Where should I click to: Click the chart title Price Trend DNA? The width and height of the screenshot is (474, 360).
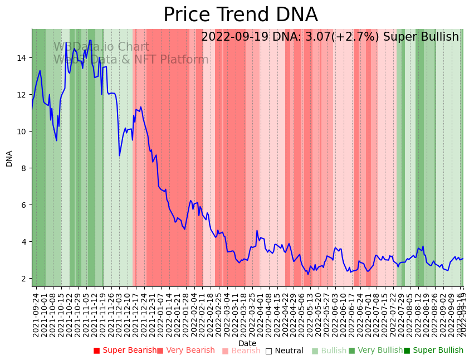click(240, 15)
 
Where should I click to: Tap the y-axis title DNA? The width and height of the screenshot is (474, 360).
click(9, 158)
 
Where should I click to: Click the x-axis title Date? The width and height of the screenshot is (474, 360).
click(247, 343)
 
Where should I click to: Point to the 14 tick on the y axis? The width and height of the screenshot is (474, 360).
click(22, 58)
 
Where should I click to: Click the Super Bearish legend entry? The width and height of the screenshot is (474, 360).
click(125, 351)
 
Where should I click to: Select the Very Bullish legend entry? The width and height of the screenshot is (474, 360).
click(375, 351)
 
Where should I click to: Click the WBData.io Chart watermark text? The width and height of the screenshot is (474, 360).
click(101, 47)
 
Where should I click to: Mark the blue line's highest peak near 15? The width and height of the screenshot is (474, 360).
click(90, 40)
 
